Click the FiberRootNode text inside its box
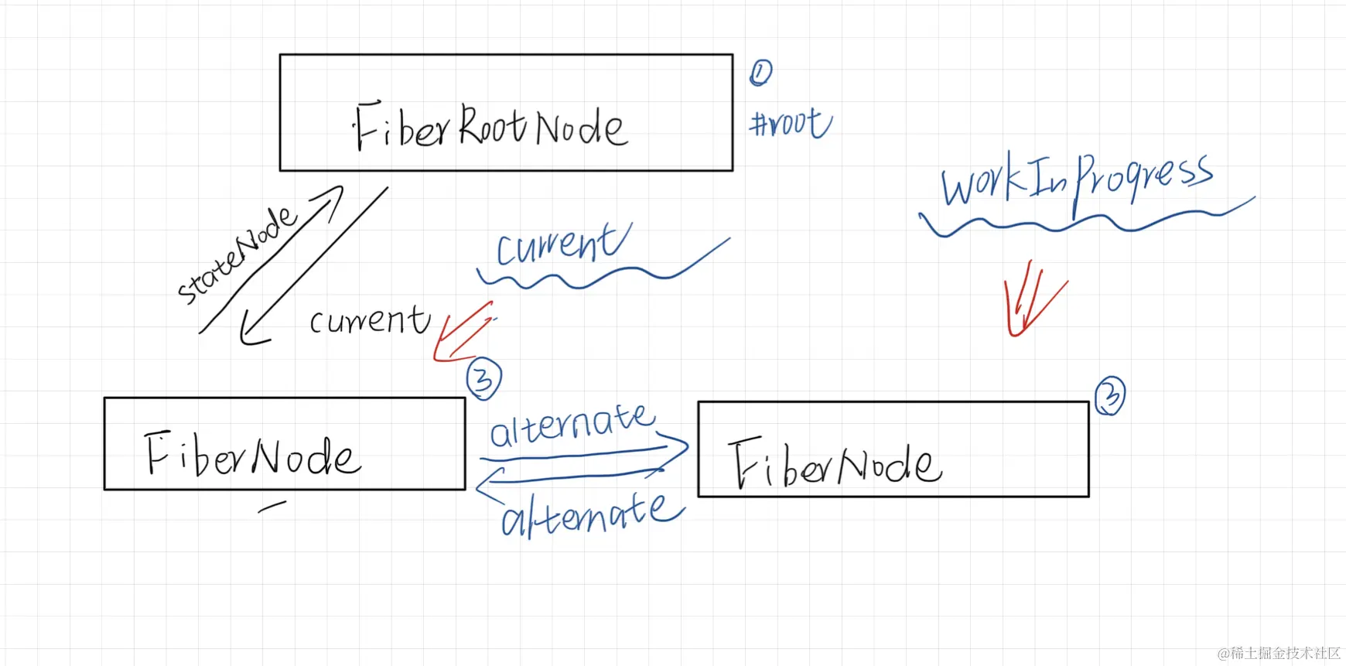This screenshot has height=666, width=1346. pos(490,126)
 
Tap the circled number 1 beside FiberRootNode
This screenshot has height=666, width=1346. pos(760,73)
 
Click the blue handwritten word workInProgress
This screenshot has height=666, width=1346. pos(1075,180)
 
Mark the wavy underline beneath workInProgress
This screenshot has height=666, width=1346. pos(1083,220)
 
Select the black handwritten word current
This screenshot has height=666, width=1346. pos(369,319)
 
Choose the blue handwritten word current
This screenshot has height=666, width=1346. pos(562,244)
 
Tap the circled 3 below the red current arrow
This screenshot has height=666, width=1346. pos(483,378)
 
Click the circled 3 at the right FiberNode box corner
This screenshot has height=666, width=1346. pos(1110,396)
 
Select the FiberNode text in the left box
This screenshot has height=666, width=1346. pos(252,455)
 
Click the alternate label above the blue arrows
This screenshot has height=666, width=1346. pos(572,425)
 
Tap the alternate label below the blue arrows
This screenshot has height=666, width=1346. pos(592,514)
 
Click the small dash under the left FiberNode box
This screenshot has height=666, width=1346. pos(272,507)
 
